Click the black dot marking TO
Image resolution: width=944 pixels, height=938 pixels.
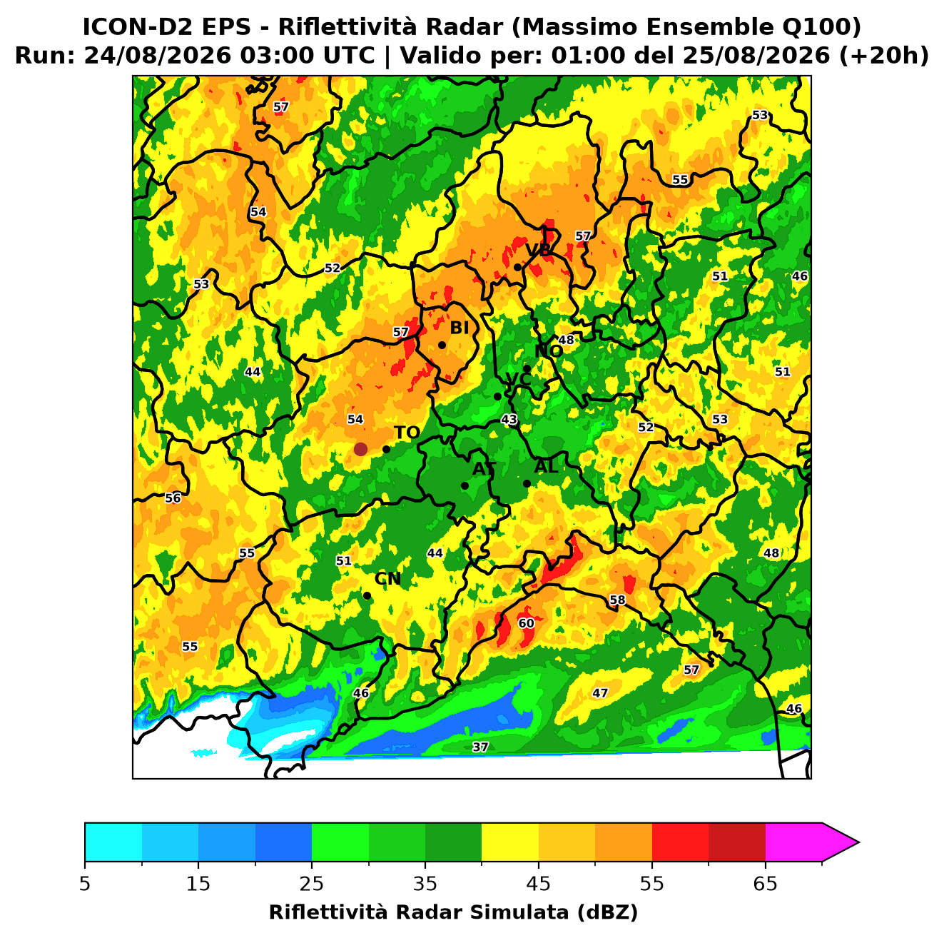click(x=386, y=449)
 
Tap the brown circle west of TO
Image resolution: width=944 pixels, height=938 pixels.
click(x=360, y=449)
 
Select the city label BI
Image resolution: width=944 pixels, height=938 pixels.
click(x=460, y=328)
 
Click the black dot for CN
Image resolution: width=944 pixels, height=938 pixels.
click(x=367, y=596)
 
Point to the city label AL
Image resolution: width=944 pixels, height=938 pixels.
click(x=547, y=467)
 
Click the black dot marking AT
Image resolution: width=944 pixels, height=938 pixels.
click(x=465, y=486)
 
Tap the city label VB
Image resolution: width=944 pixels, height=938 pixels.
click(x=538, y=250)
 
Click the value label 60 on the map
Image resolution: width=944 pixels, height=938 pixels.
click(x=526, y=623)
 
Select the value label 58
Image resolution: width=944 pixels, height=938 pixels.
click(x=617, y=600)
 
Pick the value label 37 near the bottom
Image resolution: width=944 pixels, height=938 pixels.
click(x=480, y=747)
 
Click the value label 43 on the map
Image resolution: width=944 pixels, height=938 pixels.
click(x=509, y=420)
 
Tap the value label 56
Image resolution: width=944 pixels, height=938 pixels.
click(x=173, y=498)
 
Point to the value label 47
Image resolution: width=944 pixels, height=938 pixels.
click(x=600, y=693)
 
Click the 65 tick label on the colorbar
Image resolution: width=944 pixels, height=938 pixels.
click(x=765, y=884)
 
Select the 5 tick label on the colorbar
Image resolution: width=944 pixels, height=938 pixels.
click(x=85, y=884)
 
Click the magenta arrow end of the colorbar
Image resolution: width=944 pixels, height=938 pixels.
click(x=841, y=842)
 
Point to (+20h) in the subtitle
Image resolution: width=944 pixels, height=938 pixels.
click(x=884, y=56)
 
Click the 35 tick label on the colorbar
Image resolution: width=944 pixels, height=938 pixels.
click(x=425, y=884)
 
